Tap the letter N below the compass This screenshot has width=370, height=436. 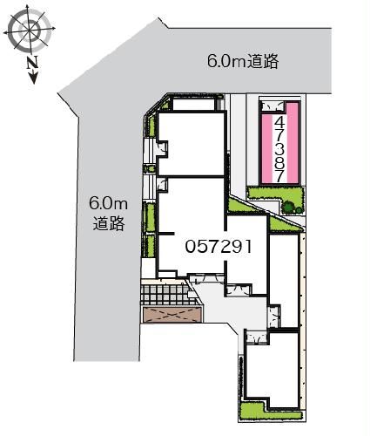(x=31, y=63)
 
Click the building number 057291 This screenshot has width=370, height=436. (x=219, y=247)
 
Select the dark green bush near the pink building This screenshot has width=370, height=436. (x=290, y=207)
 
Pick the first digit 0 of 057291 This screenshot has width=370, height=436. (x=190, y=247)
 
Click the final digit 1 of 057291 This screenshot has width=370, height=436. (x=248, y=247)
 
